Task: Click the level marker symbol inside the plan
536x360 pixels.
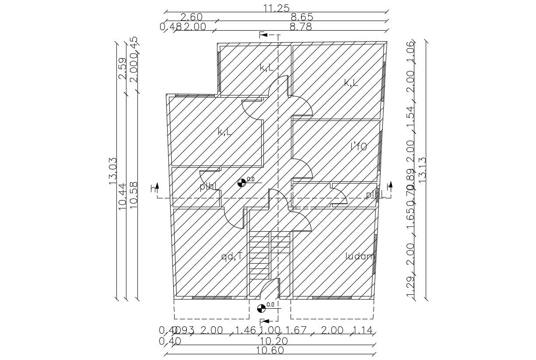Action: [x=242, y=183]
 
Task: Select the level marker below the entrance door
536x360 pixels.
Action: [x=261, y=308]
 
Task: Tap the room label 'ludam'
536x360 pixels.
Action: [x=360, y=256]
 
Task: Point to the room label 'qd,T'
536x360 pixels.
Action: [x=232, y=257]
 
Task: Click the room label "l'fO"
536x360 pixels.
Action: [x=358, y=147]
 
